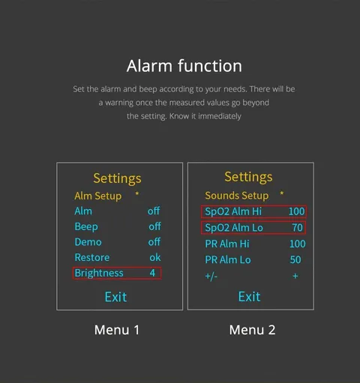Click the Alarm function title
[184, 66]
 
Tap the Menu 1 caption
[117, 330]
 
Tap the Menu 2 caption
[252, 330]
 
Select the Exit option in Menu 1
[115, 297]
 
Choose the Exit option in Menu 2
[249, 297]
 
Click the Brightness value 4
[152, 273]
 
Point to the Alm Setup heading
[98, 196]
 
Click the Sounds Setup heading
[237, 196]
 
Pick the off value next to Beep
[155, 226]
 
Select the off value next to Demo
[154, 242]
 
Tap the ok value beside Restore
[155, 258]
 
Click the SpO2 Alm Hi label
[233, 211]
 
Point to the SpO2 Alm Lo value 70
[298, 228]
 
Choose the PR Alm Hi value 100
[298, 244]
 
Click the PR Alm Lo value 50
[295, 260]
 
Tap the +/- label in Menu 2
[211, 277]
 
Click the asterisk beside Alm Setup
[137, 193]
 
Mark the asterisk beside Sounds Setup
[282, 193]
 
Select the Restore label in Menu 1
[92, 258]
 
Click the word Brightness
[99, 273]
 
